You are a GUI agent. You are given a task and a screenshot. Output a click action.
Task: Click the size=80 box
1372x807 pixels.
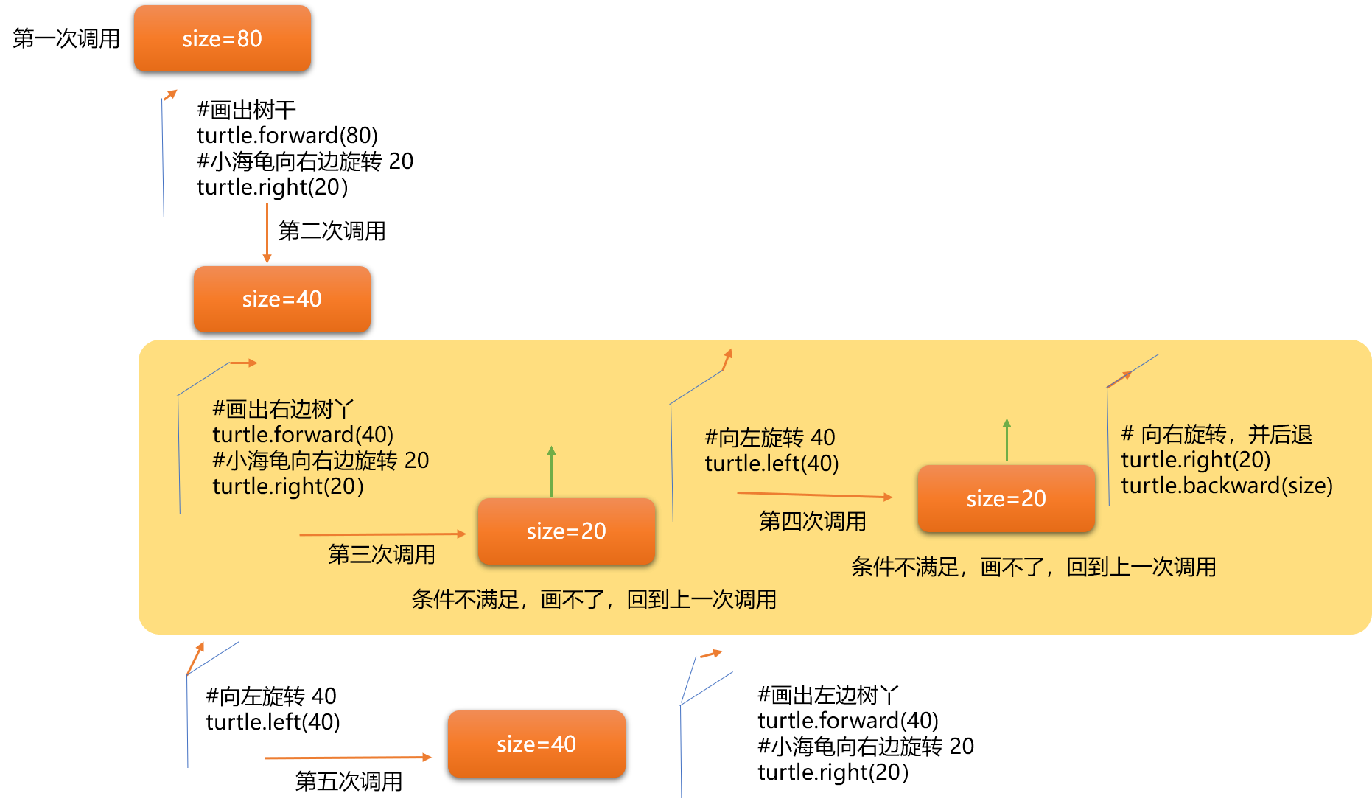(222, 38)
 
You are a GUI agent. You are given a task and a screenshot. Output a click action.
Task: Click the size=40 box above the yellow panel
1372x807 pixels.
(281, 298)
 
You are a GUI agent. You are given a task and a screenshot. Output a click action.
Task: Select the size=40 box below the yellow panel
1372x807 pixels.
(536, 744)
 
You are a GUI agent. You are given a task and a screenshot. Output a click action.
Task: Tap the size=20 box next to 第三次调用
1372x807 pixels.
(566, 531)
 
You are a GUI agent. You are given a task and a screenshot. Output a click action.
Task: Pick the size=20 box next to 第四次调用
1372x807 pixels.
(1006, 498)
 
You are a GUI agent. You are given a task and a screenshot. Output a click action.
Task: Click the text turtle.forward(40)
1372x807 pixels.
(303, 434)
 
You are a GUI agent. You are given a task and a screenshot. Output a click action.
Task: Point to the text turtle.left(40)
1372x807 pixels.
(771, 463)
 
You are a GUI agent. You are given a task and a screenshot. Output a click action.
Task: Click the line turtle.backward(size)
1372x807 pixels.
(1226, 485)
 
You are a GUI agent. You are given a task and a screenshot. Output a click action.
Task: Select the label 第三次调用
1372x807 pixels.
(381, 554)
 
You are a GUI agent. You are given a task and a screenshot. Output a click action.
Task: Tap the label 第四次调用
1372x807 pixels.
(812, 521)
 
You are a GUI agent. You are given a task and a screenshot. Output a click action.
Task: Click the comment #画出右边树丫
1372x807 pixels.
(283, 408)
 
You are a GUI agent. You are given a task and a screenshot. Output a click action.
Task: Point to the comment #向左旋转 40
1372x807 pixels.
(769, 437)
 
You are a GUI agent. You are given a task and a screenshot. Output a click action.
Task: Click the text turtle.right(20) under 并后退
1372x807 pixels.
(1195, 459)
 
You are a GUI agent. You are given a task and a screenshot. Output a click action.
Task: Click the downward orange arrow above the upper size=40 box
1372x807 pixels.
(267, 233)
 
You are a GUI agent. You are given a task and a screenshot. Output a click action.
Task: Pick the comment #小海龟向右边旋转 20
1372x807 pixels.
(320, 460)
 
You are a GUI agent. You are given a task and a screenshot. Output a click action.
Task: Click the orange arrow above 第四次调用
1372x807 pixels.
(813, 495)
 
